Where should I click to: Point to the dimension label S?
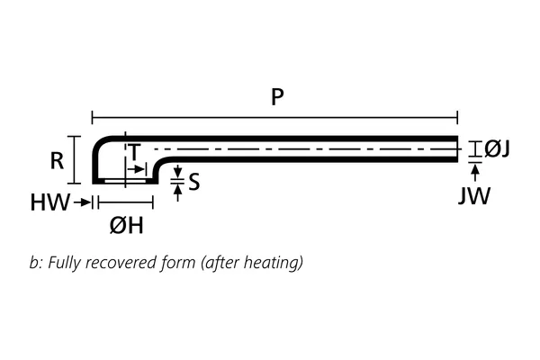[194, 183]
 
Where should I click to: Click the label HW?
[50, 203]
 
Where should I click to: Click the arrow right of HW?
[83, 203]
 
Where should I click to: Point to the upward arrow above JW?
[474, 171]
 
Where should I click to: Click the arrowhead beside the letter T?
[139, 168]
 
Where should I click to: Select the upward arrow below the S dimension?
[177, 192]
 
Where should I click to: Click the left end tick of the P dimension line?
[92, 117]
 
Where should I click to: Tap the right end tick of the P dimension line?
[458, 117]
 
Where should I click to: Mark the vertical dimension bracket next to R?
[76, 159]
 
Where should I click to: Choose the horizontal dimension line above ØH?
[122, 203]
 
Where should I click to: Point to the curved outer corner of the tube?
[100, 142]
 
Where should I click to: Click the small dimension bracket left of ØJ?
[474, 149]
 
